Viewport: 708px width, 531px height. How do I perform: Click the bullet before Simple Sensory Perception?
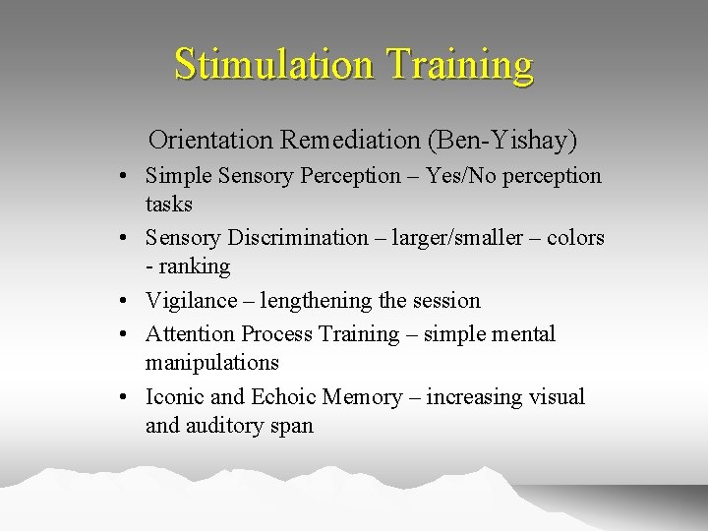tap(128, 178)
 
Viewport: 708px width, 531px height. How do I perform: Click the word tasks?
tap(169, 205)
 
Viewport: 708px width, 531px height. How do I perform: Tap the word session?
tap(443, 301)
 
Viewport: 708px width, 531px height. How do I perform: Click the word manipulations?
tap(212, 363)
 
